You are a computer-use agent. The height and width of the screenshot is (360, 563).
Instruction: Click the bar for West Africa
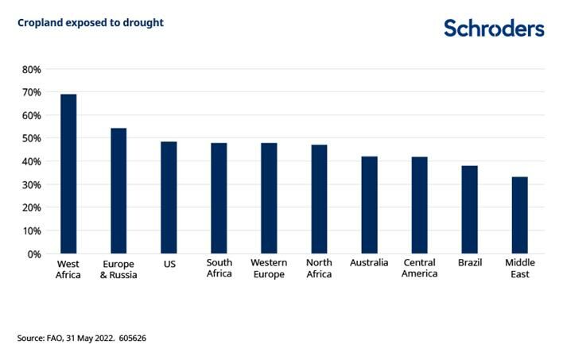click(x=68, y=174)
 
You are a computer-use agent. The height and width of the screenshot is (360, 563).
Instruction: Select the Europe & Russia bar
click(x=118, y=191)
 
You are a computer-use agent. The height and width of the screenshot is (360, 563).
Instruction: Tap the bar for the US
click(x=169, y=198)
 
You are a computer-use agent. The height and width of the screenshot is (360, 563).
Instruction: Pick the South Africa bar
click(x=219, y=199)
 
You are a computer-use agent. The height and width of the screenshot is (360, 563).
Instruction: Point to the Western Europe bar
click(x=269, y=199)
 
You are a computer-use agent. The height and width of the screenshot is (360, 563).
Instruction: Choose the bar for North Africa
click(x=319, y=199)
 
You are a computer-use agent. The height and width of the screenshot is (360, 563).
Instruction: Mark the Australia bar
click(x=369, y=205)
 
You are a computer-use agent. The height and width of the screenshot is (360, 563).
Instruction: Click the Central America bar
click(x=419, y=206)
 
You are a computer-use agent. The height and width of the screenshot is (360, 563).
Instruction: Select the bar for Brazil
click(x=469, y=210)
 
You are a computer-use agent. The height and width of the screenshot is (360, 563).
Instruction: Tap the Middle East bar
click(x=519, y=215)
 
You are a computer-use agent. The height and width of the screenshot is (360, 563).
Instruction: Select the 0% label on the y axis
click(x=33, y=254)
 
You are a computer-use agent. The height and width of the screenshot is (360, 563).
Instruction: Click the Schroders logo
click(x=494, y=29)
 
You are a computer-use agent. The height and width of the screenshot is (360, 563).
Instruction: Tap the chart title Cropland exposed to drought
click(x=90, y=23)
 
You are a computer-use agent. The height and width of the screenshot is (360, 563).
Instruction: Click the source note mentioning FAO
click(x=81, y=338)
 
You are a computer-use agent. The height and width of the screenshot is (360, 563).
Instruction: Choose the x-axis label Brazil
click(x=469, y=263)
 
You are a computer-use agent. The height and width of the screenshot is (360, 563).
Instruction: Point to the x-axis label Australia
click(x=369, y=263)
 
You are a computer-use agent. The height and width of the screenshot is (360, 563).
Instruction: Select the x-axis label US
click(x=169, y=263)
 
